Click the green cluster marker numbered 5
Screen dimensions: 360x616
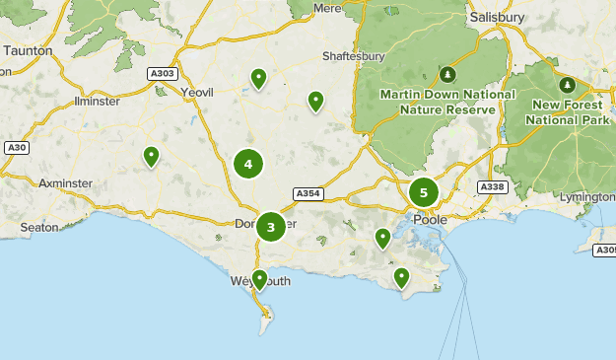tap(424, 192)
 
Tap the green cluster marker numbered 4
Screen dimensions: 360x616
tap(248, 165)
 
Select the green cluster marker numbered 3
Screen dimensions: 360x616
tap(271, 227)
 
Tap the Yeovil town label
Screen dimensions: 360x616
tap(197, 92)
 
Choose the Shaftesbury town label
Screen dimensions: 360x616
tap(353, 56)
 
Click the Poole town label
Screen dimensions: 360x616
tap(430, 219)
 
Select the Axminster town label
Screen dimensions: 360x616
tap(64, 183)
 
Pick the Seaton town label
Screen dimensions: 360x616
tap(39, 227)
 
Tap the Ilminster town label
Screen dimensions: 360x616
tap(97, 102)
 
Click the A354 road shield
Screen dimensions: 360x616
tap(308, 194)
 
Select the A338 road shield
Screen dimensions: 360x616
tap(491, 186)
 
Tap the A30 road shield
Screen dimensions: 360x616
tap(15, 148)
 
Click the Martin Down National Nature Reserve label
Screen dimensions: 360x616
tap(447, 101)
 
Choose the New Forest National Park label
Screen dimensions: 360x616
tap(567, 112)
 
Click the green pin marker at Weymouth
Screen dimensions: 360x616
tap(259, 280)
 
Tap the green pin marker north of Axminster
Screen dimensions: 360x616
tap(151, 156)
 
